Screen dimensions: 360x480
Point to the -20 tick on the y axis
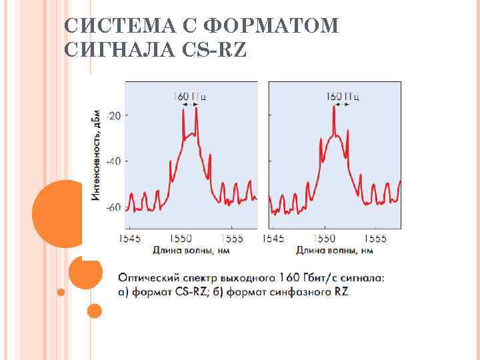(114, 115)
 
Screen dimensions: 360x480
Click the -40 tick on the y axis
(114, 161)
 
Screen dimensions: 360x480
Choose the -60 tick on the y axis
(114, 207)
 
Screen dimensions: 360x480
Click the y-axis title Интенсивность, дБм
(97, 155)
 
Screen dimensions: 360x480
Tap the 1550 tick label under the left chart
(180, 238)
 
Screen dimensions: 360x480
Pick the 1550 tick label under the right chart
(325, 238)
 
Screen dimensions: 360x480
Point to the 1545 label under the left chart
(130, 238)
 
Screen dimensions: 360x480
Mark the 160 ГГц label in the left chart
(189, 96)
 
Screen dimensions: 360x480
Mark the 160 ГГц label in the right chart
(343, 96)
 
